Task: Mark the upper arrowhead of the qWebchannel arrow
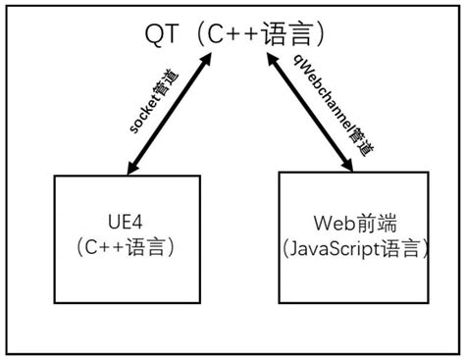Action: (x=268, y=61)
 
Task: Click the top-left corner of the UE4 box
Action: (x=54, y=177)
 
